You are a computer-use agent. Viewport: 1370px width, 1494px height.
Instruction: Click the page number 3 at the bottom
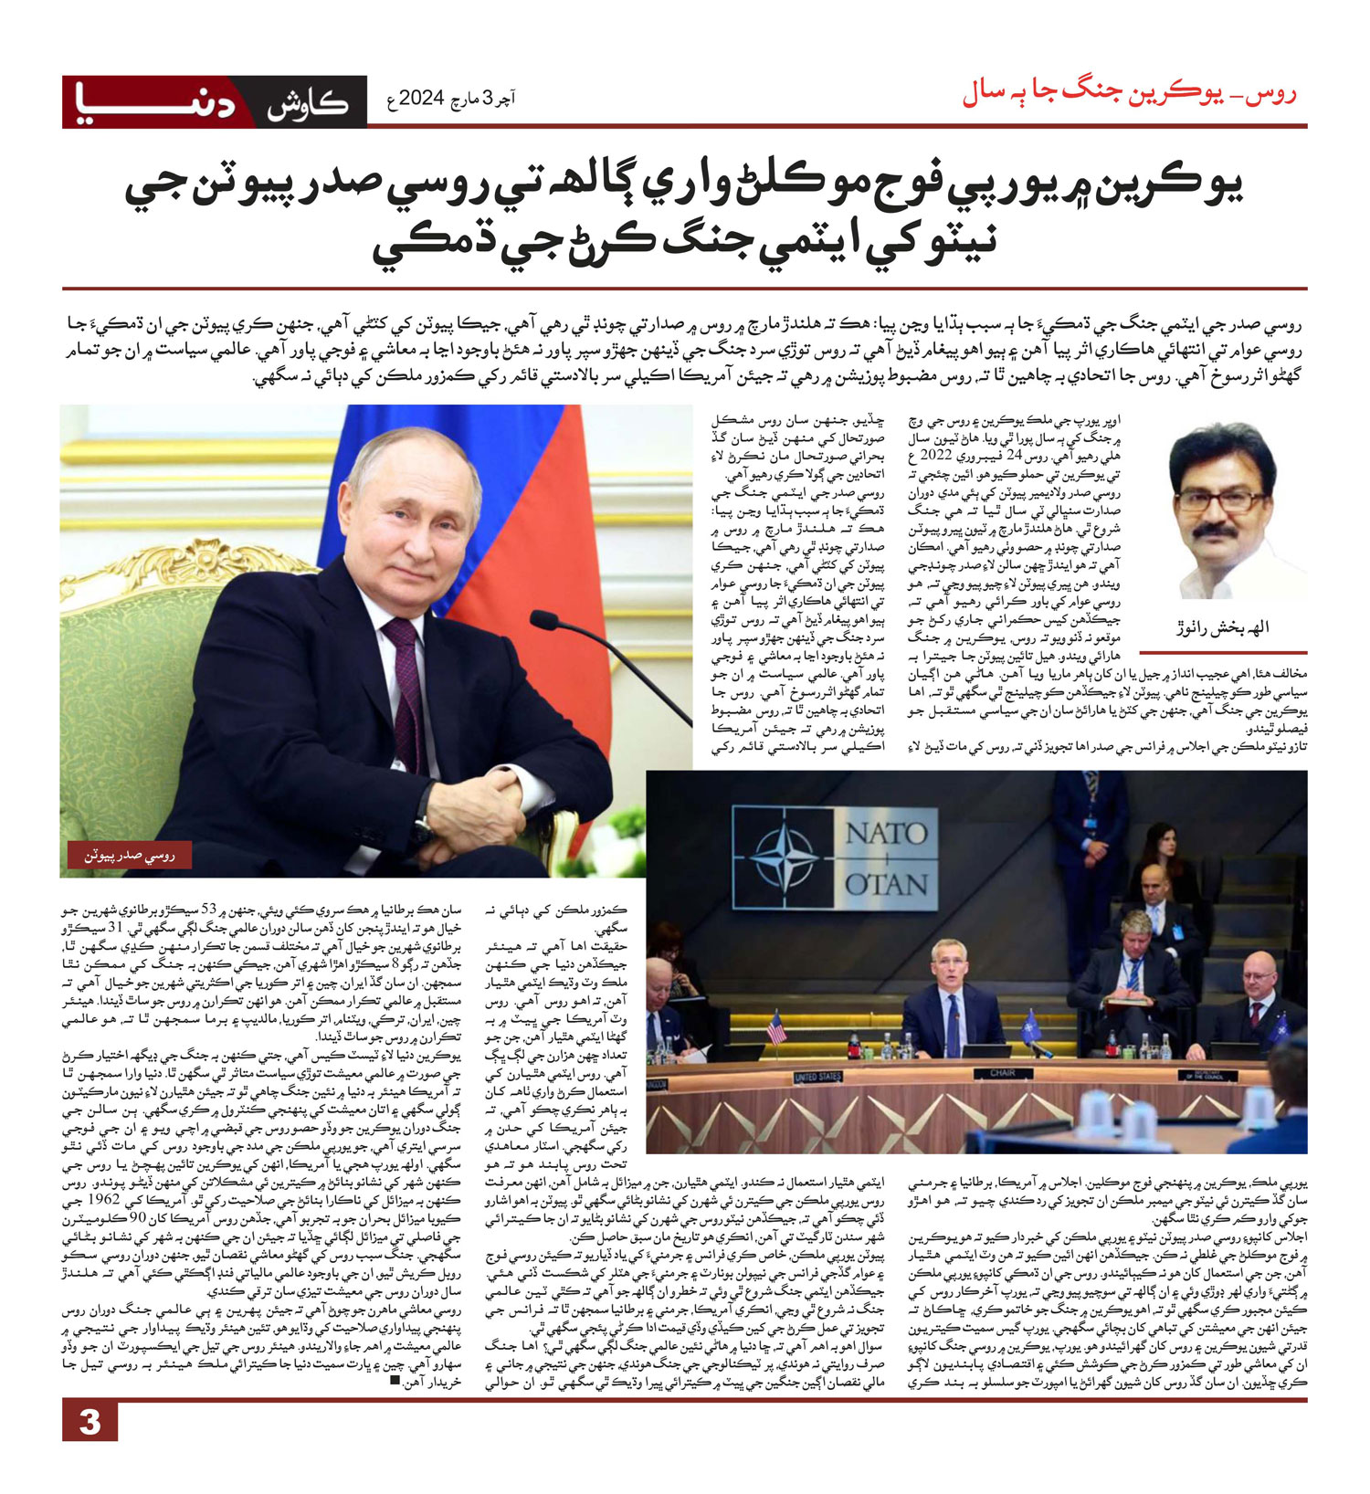pos(90,1422)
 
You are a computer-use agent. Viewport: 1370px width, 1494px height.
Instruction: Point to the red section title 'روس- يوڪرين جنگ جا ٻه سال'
pos(1130,94)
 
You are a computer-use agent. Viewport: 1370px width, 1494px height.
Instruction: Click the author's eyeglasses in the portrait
pos(1221,501)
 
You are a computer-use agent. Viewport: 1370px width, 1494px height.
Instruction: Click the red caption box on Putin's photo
pos(129,855)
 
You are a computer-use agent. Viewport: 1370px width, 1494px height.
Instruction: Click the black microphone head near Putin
pos(544,620)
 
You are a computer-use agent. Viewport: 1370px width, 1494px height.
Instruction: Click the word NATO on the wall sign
pos(886,832)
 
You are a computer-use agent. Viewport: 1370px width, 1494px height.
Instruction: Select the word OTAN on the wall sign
pos(886,883)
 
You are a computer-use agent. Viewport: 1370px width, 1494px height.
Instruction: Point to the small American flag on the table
pos(775,1026)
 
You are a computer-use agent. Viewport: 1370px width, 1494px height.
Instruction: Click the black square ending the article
pos(395,1381)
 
